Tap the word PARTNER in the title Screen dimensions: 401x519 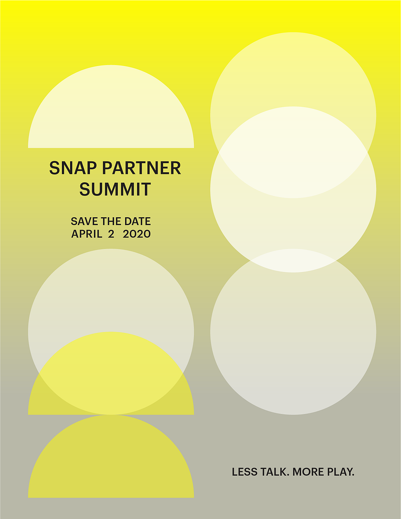[141, 168]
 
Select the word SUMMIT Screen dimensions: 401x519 [115, 189]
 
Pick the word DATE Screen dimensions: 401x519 [138, 221]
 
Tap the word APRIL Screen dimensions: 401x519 [87, 234]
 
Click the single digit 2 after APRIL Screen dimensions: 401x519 [111, 234]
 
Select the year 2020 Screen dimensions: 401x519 [137, 234]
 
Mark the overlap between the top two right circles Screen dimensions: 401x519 [293, 152]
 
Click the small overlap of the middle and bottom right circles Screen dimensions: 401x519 [293, 261]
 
